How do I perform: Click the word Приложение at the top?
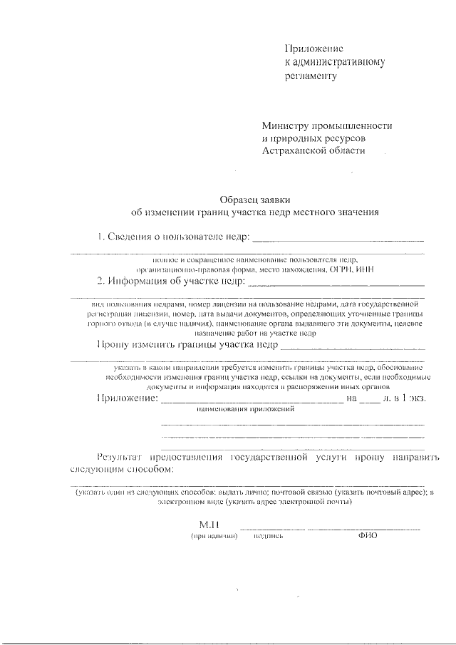click(x=314, y=48)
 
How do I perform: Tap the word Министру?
click(x=285, y=125)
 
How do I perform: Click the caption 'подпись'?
click(x=269, y=536)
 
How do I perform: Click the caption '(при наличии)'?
click(x=213, y=536)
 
